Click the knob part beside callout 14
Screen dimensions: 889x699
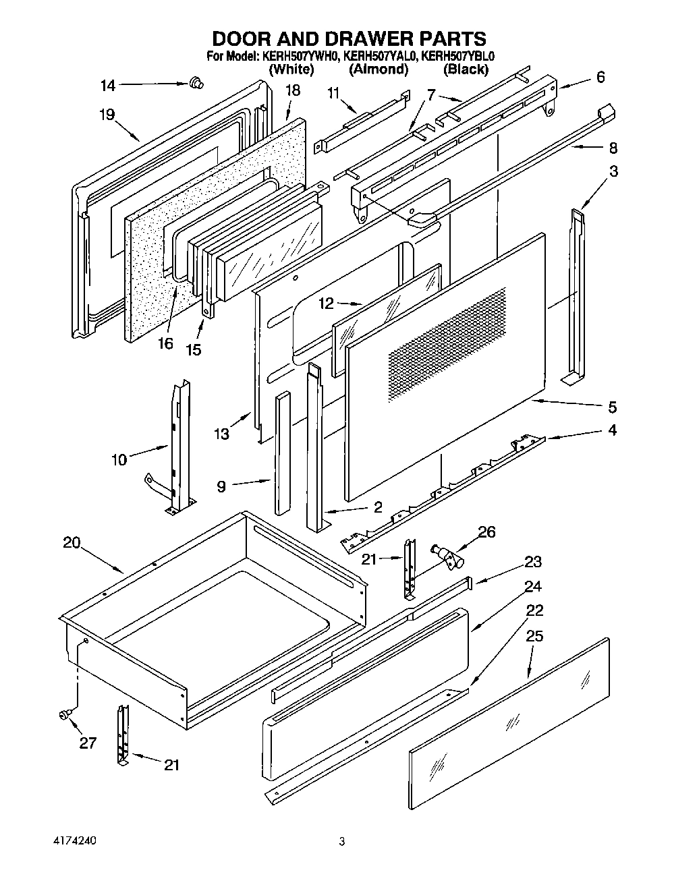pos(197,83)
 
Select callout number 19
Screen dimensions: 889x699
pos(107,114)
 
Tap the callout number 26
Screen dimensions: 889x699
pos(486,532)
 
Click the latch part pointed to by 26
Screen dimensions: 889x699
pos(449,556)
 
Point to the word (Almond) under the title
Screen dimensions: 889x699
pos(379,69)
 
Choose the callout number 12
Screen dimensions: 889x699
pos(327,304)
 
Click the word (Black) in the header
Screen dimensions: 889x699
pos(466,69)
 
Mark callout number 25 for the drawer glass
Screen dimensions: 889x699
pos(534,635)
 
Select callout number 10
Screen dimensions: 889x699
pos(119,460)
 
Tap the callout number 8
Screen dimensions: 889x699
pos(612,147)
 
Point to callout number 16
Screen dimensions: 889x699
pos(165,343)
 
